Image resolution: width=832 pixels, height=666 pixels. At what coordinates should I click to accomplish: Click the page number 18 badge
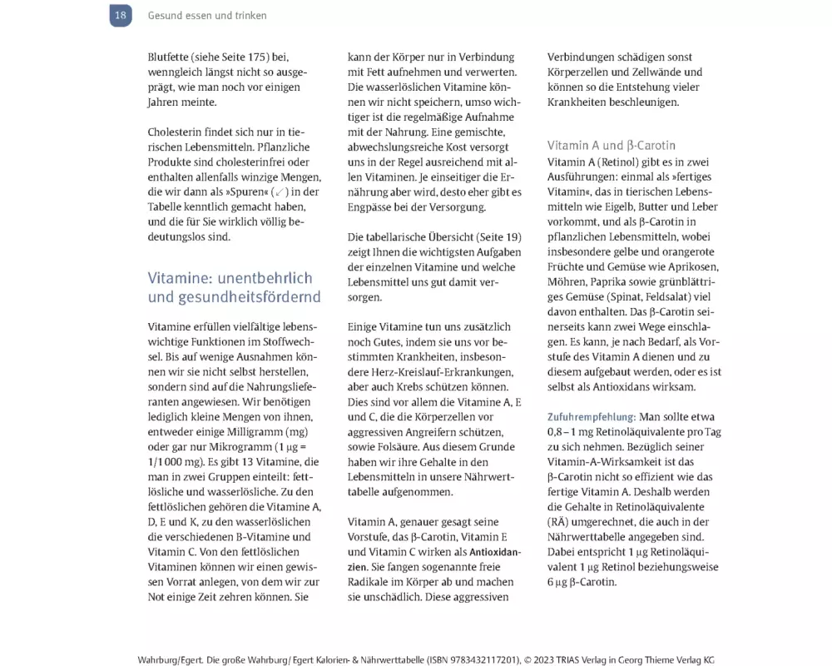point(121,15)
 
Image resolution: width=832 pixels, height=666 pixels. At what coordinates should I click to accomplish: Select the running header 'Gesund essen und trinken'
point(207,16)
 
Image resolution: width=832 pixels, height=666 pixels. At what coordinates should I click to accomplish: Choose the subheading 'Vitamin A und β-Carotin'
point(612,145)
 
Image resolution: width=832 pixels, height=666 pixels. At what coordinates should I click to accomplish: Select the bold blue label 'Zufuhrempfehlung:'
point(592,416)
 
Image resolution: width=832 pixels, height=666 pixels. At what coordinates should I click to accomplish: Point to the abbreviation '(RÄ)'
point(560,522)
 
